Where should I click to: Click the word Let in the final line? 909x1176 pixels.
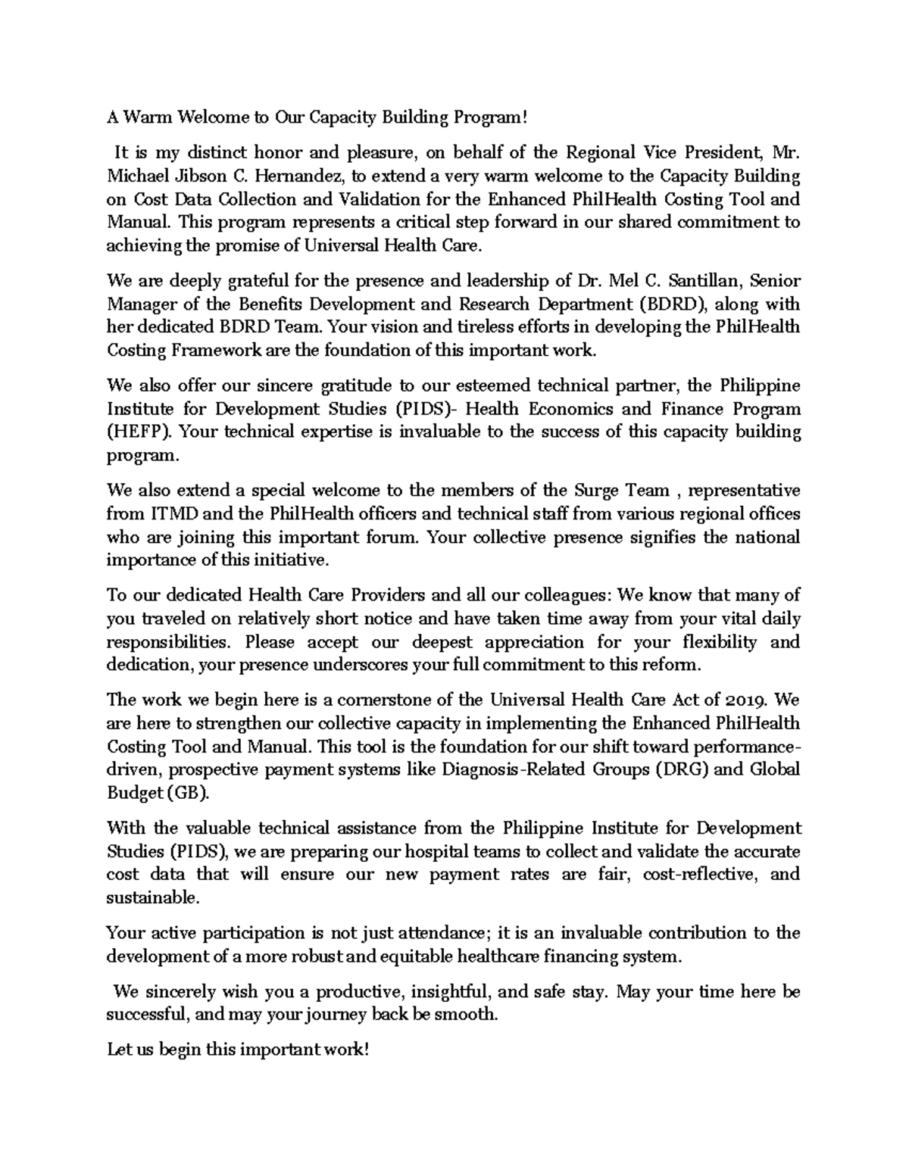point(117,1050)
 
